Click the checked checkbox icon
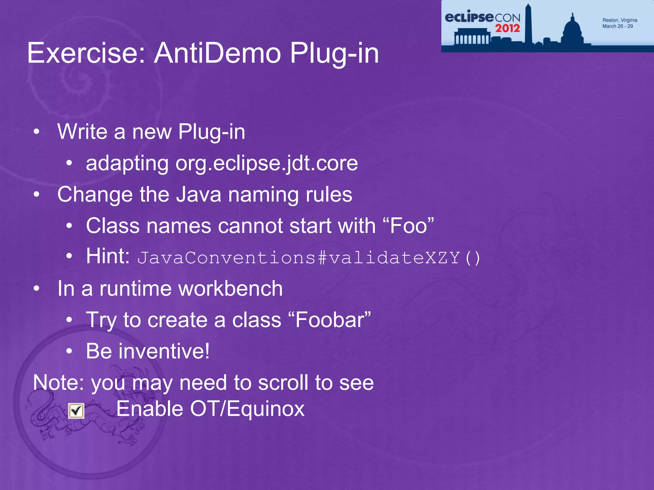76,411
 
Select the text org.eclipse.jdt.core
267,163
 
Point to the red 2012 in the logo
507,28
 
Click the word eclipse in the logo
469,17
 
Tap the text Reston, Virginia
620,20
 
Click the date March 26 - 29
617,26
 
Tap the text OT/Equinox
247,409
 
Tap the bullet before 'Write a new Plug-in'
37,131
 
